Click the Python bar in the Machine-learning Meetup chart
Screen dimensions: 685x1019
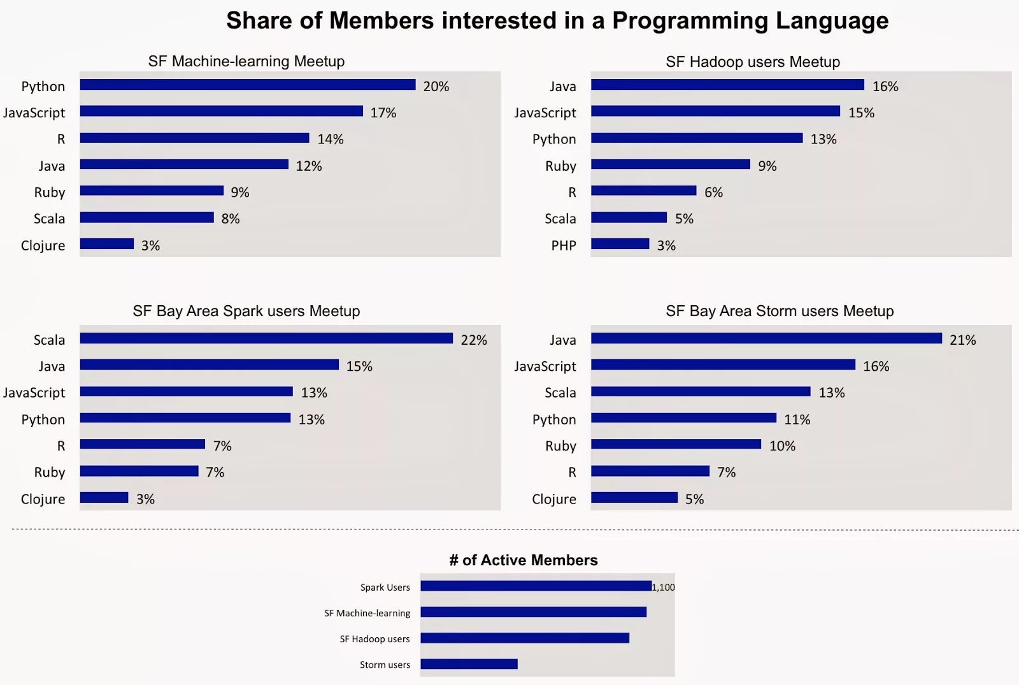(x=248, y=85)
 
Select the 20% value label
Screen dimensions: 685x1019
(x=436, y=86)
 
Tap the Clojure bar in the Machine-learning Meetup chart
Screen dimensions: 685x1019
(x=107, y=244)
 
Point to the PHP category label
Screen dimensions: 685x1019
(x=563, y=245)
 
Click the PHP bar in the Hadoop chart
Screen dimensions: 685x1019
(x=620, y=244)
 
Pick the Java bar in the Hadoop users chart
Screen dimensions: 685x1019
(x=727, y=85)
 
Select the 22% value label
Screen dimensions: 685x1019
(x=474, y=340)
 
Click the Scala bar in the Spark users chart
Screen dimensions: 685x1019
(x=266, y=338)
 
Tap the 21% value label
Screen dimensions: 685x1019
(x=962, y=340)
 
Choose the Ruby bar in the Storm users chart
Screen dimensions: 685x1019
(x=676, y=444)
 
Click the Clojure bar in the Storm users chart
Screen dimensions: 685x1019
(x=634, y=498)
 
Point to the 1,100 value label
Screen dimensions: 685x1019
(x=664, y=587)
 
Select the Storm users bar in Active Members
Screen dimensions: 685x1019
(x=469, y=664)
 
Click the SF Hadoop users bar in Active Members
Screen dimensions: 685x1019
(x=525, y=638)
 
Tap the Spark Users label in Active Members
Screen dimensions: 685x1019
(x=385, y=588)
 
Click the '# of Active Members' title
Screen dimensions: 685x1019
(x=524, y=560)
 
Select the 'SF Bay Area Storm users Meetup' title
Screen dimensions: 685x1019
(x=780, y=311)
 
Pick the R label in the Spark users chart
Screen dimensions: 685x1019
(x=61, y=445)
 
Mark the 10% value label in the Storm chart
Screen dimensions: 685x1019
(x=782, y=445)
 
